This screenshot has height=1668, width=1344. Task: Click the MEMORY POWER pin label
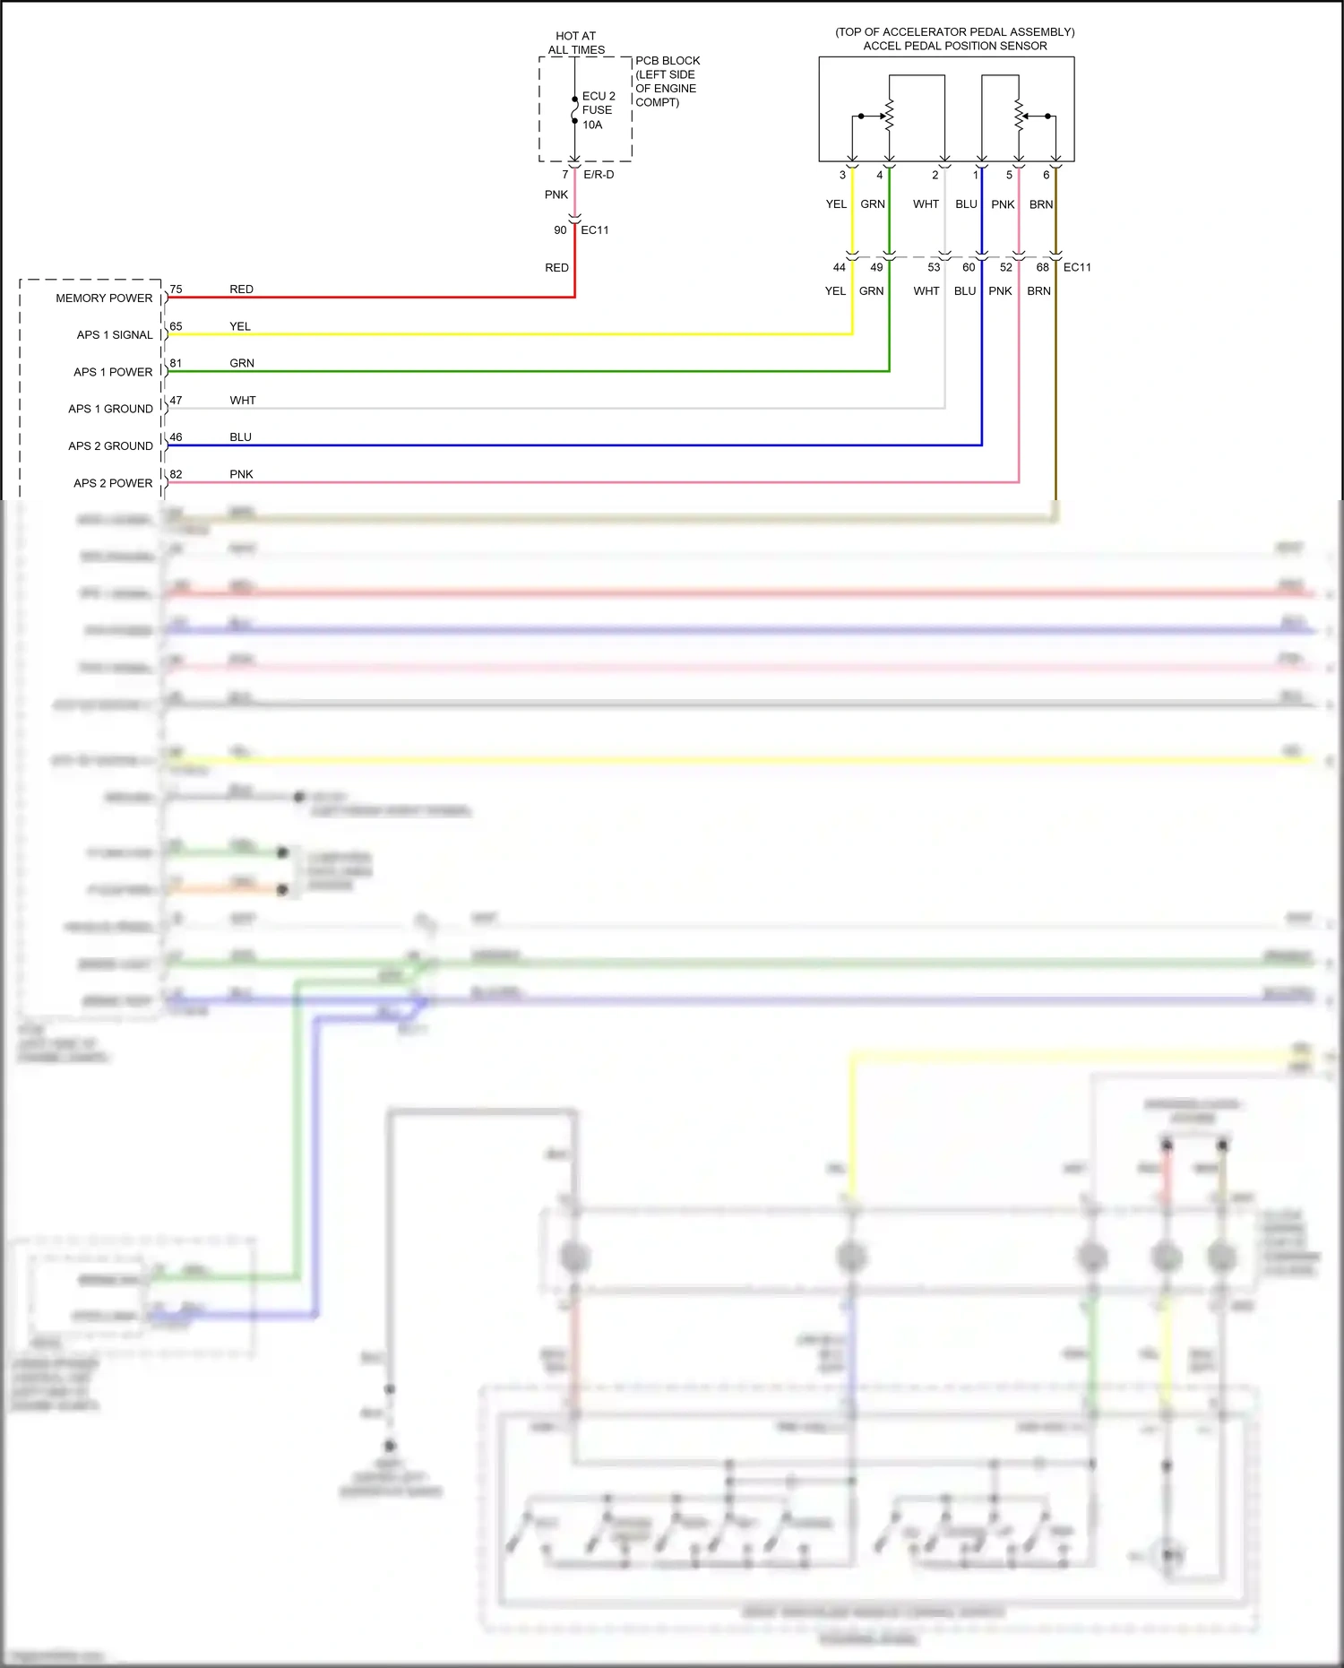coord(104,298)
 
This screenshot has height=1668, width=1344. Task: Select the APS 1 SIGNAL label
coord(114,334)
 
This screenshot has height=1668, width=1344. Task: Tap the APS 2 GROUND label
coord(110,445)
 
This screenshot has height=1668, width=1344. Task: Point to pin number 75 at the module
coord(176,289)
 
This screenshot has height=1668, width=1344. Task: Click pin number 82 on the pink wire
coord(176,474)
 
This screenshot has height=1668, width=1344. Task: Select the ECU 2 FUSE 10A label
coord(598,109)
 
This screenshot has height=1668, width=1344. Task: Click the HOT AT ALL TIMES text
coord(576,43)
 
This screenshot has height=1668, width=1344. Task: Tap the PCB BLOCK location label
coord(667,81)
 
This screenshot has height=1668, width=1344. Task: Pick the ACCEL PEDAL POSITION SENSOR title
coord(954,45)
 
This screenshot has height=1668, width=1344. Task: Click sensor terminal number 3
coord(842,175)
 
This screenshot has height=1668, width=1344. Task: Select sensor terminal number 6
coord(1046,175)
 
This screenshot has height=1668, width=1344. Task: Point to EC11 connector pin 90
coord(560,230)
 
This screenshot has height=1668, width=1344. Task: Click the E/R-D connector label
coord(599,175)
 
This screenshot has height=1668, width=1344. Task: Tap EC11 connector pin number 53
coord(934,267)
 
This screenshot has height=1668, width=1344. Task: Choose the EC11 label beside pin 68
coord(1077,267)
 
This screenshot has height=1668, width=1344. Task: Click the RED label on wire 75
coord(241,289)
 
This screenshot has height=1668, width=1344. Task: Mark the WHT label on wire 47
coord(242,400)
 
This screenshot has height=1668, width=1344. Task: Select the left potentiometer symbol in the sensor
coord(889,116)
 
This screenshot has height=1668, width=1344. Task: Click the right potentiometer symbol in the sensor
coord(1019,116)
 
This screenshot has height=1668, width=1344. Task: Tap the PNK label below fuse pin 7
coord(556,194)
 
